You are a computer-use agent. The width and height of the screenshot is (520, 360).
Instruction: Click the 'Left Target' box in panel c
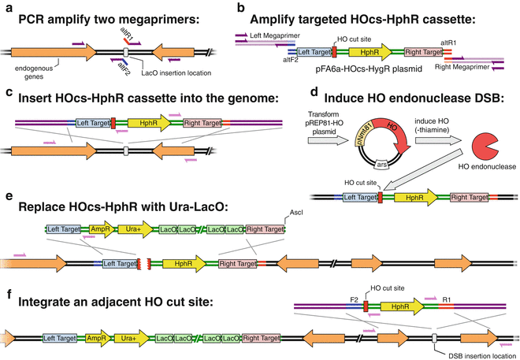coord(92,124)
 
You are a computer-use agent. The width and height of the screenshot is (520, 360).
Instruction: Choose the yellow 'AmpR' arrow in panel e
coord(100,229)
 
